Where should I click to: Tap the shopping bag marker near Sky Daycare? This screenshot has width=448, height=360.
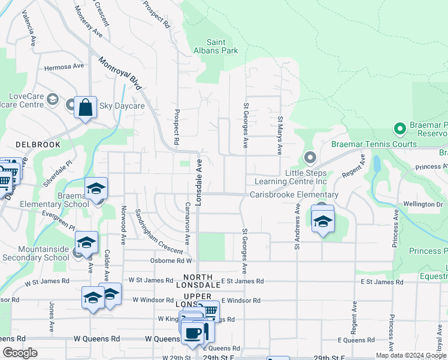coord(86,108)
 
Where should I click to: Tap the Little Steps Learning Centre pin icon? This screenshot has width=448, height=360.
coord(310,158)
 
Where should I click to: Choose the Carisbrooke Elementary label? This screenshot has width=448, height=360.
coord(294,194)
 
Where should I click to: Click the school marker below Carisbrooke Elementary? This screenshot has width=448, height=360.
coord(323,221)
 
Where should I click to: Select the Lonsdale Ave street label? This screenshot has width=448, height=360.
coord(198,182)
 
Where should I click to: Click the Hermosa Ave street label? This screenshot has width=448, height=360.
coord(63,66)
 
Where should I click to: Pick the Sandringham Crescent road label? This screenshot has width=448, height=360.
coord(158,230)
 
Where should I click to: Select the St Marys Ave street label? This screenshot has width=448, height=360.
coord(280,136)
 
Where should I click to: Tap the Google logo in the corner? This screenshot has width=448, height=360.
coord(20,353)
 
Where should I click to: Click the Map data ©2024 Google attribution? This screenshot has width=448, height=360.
coord(411,355)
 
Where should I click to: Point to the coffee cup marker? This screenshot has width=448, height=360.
coord(192,333)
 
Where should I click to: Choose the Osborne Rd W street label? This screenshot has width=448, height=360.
coord(171,261)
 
